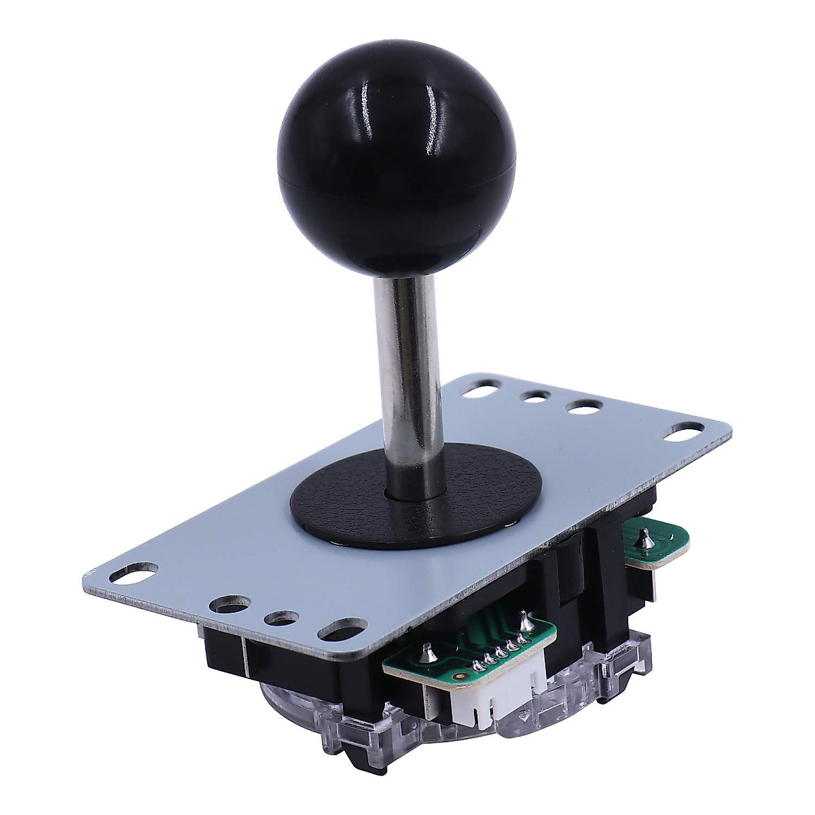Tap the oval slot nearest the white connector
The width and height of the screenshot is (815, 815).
342,628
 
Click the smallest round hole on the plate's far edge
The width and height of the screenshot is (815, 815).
535,397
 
